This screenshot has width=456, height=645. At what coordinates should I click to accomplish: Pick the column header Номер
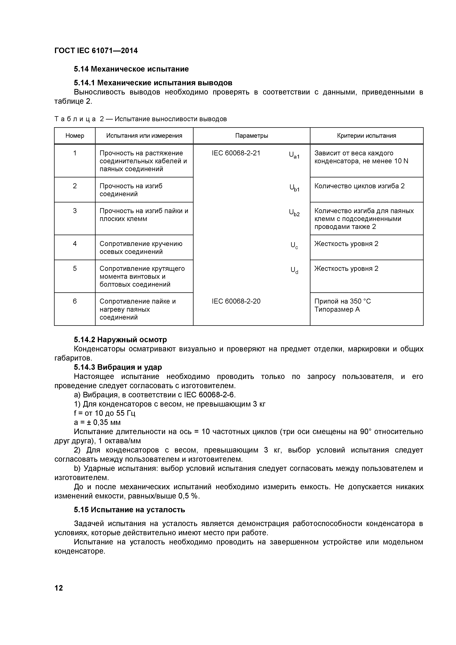click(75, 136)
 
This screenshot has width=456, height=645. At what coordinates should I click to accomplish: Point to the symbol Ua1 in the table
click(294, 155)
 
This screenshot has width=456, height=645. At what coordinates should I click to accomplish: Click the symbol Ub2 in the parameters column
click(294, 213)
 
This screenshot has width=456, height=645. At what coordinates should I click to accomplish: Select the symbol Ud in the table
click(294, 270)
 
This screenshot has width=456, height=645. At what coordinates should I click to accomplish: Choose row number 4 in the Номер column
click(75, 244)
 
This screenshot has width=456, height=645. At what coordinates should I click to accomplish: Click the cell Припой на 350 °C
click(342, 301)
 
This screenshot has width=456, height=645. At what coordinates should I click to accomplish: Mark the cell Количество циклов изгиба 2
click(359, 186)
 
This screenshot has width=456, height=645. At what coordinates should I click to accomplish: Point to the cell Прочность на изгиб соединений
click(131, 190)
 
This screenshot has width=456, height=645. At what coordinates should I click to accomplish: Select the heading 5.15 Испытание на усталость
click(129, 510)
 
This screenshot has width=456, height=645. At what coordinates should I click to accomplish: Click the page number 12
click(59, 588)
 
